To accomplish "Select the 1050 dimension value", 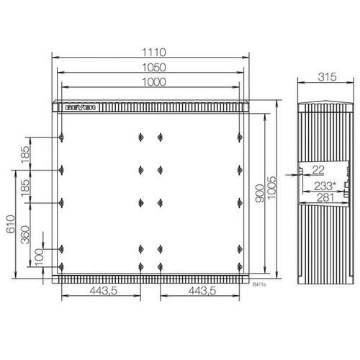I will point(153,67).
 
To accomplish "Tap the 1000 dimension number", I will point(153,82).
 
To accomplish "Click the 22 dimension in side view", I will point(318,169).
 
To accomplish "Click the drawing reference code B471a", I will point(259,284).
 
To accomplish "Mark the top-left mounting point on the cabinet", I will point(63,138).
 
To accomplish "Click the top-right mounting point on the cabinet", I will point(239,138).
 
